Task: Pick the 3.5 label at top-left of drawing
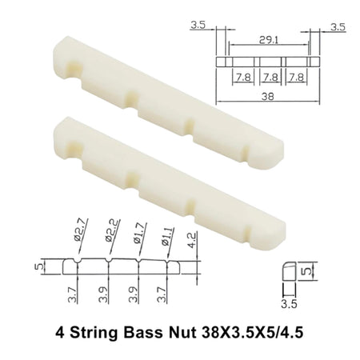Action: [x=198, y=26]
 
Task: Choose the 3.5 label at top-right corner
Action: [x=338, y=26]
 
